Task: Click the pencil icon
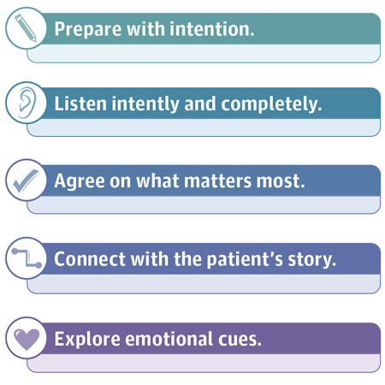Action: pos(26,27)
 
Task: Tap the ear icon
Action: pos(27,103)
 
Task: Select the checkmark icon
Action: pos(26,181)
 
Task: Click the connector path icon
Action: pos(27,258)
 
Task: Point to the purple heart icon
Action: pos(27,340)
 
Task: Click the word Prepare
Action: pos(88,30)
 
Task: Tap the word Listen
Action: pos(80,104)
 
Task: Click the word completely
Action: pos(271,104)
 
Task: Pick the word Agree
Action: pos(80,181)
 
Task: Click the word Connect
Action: pos(90,259)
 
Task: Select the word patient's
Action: pos(245,260)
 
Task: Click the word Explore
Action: pos(87,340)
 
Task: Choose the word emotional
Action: pos(169,339)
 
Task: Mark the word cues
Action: pos(240,340)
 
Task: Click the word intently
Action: pos(145,104)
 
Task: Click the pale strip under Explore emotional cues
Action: pos(204,363)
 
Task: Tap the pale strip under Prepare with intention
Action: pos(204,53)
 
